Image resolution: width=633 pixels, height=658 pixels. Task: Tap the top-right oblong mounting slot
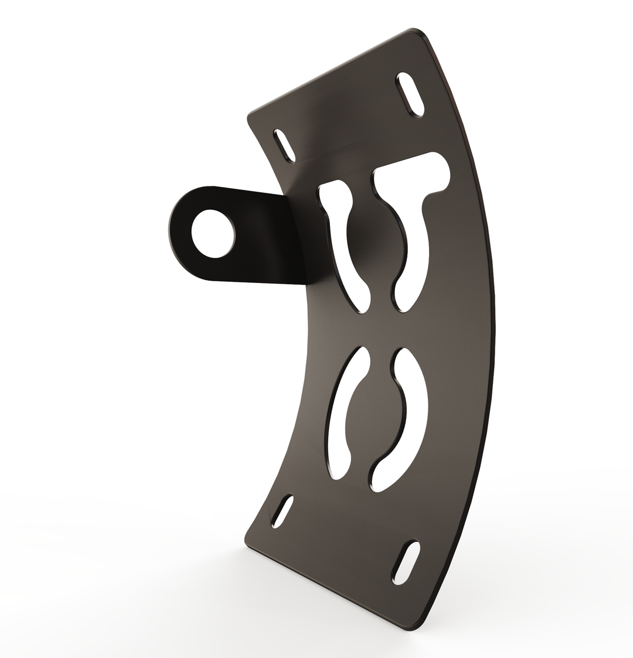pos(410,95)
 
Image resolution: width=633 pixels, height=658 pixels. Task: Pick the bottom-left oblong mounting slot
pos(283,511)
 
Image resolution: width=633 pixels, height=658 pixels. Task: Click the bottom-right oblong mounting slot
pos(406,561)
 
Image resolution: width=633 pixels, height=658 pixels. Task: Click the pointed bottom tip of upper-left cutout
pos(362,311)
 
